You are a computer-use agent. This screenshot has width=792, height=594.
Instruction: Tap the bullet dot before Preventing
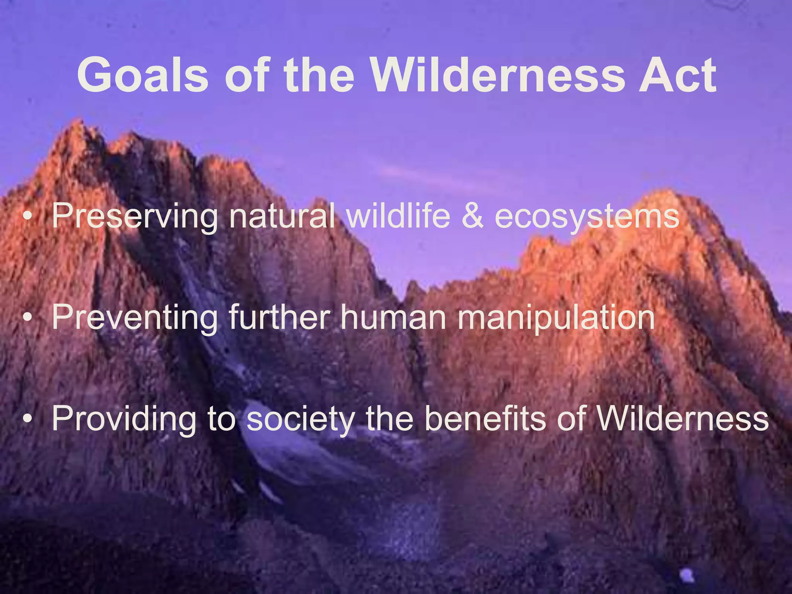point(27,317)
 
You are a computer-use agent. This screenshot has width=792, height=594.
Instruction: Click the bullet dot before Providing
point(27,419)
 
